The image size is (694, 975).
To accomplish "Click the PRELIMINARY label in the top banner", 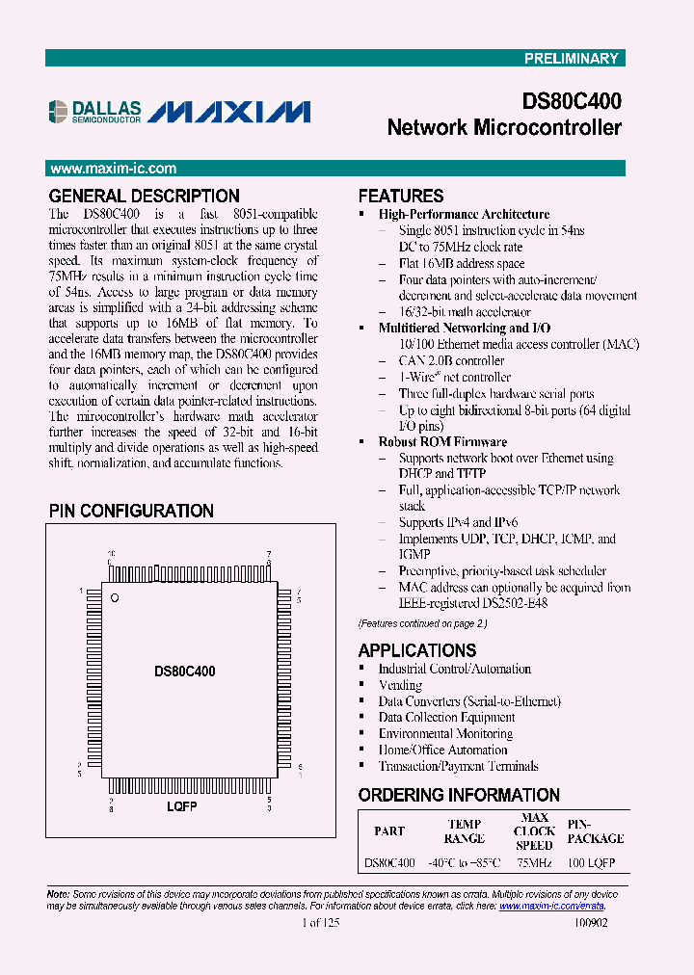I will click(571, 59).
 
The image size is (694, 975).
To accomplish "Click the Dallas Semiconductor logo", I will click(94, 112).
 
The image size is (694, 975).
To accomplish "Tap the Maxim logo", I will click(230, 112).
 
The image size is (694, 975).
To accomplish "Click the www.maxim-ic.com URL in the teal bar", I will click(113, 168).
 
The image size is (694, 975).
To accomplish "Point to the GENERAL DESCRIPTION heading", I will click(144, 196).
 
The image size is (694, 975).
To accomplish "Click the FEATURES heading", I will click(401, 196).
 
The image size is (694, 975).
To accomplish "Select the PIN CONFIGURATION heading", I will click(131, 511).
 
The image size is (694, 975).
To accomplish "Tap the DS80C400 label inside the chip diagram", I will click(184, 671).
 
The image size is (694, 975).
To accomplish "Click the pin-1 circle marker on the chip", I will click(114, 599).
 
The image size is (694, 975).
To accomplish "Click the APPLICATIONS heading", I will click(416, 650).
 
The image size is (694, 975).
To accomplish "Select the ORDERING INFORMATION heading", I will click(459, 795).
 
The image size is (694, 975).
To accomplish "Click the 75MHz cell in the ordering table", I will click(534, 863).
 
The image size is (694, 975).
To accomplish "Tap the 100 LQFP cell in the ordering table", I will click(591, 863).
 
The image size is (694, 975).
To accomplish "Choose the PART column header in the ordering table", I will click(389, 830).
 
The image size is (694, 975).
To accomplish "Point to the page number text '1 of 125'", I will click(320, 922).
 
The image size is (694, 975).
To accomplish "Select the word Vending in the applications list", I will click(400, 685).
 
